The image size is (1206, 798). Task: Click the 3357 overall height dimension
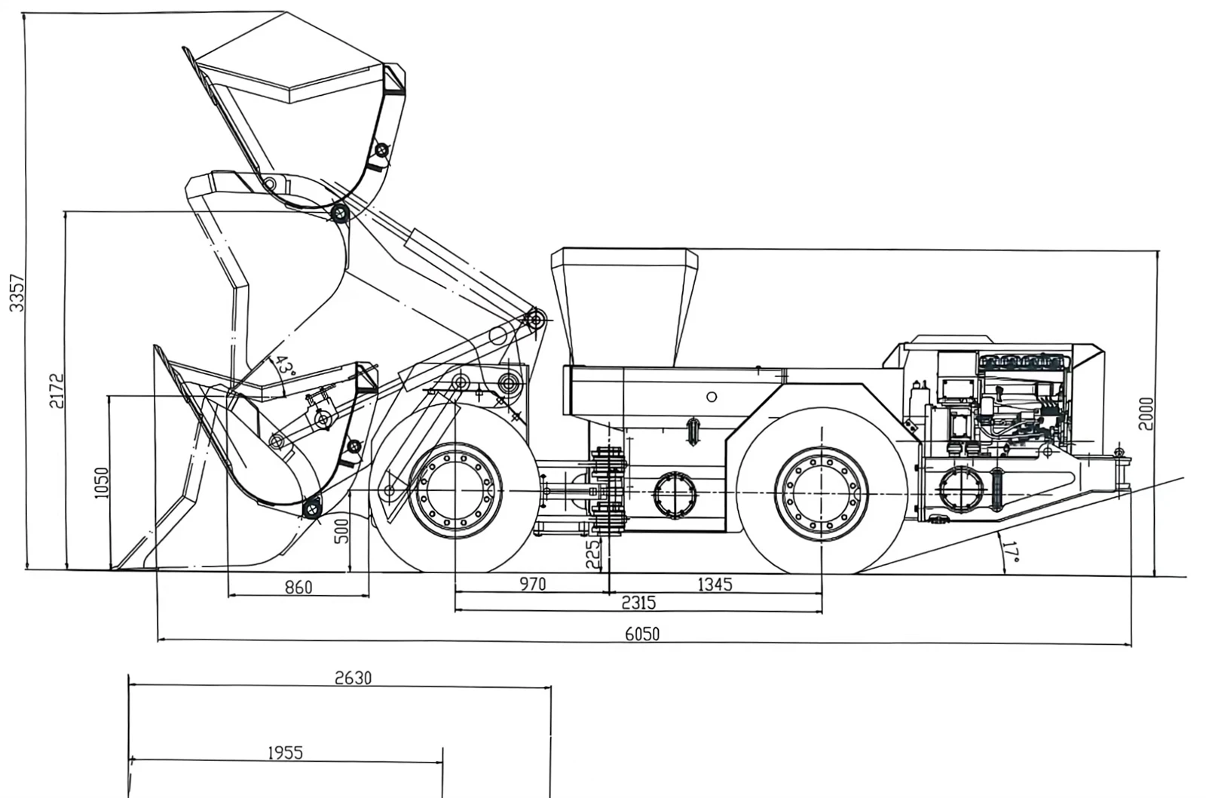coord(17,293)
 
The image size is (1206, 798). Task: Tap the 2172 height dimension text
coord(57,391)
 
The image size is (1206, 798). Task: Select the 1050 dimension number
coord(102,483)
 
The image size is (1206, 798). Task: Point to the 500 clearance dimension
coord(341,530)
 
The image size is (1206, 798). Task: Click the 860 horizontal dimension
coord(298,587)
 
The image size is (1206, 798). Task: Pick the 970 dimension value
coord(532,584)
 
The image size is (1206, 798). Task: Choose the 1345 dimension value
coord(715,584)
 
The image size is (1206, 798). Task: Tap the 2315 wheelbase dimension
coord(639,603)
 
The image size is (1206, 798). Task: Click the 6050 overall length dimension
coord(642,634)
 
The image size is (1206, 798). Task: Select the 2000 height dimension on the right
coord(1146,414)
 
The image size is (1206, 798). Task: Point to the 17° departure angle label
coord(1012,552)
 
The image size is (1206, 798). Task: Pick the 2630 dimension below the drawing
coord(354,678)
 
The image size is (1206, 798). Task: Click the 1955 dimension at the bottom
coord(286,753)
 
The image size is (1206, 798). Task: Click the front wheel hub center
coord(455,491)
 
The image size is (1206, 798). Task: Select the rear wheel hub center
coord(822,493)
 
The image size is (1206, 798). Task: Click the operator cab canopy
coord(625,307)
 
